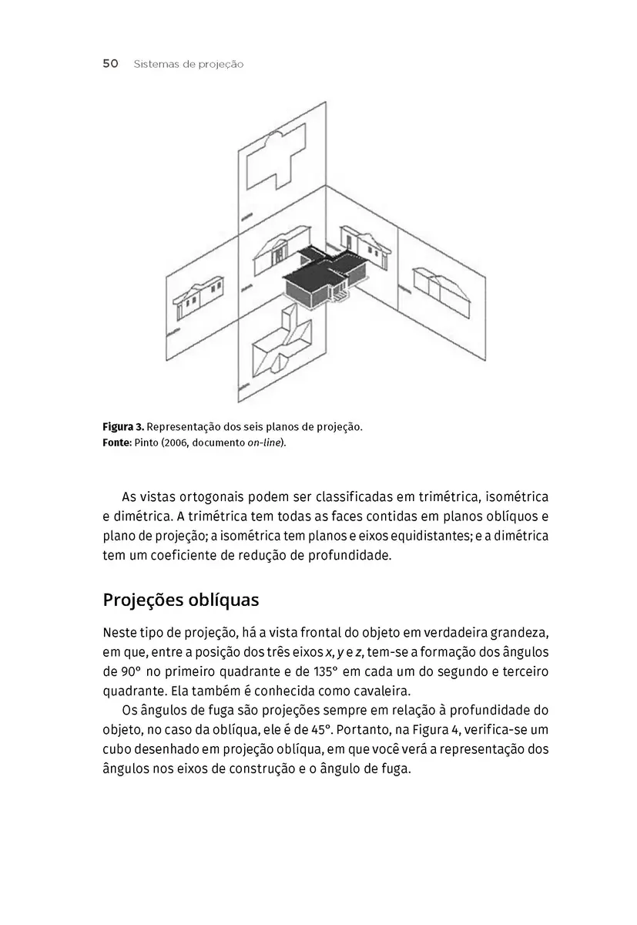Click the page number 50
coord(110,64)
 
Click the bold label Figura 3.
coord(122,426)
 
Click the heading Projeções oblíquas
coord(181,600)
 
